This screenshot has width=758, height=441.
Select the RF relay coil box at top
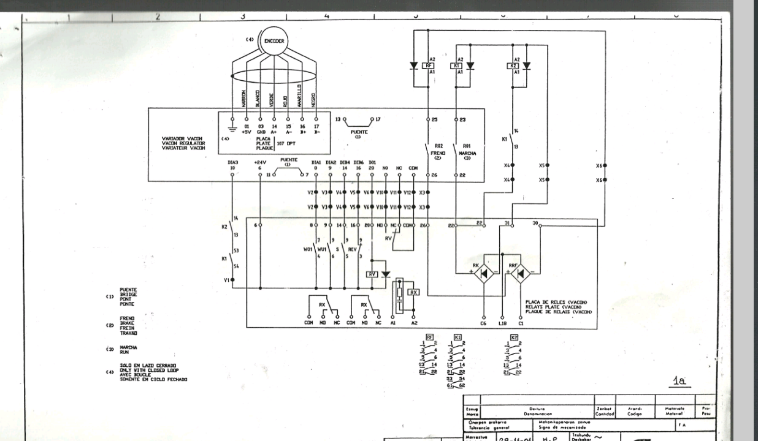pos(429,66)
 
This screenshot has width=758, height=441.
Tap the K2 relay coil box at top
pos(514,66)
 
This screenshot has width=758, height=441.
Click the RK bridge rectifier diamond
pos(484,274)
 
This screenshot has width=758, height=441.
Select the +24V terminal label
pos(260,162)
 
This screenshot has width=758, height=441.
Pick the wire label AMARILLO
pos(300,96)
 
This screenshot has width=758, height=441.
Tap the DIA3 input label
pos(232,162)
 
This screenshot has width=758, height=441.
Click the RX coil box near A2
pos(414,292)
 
